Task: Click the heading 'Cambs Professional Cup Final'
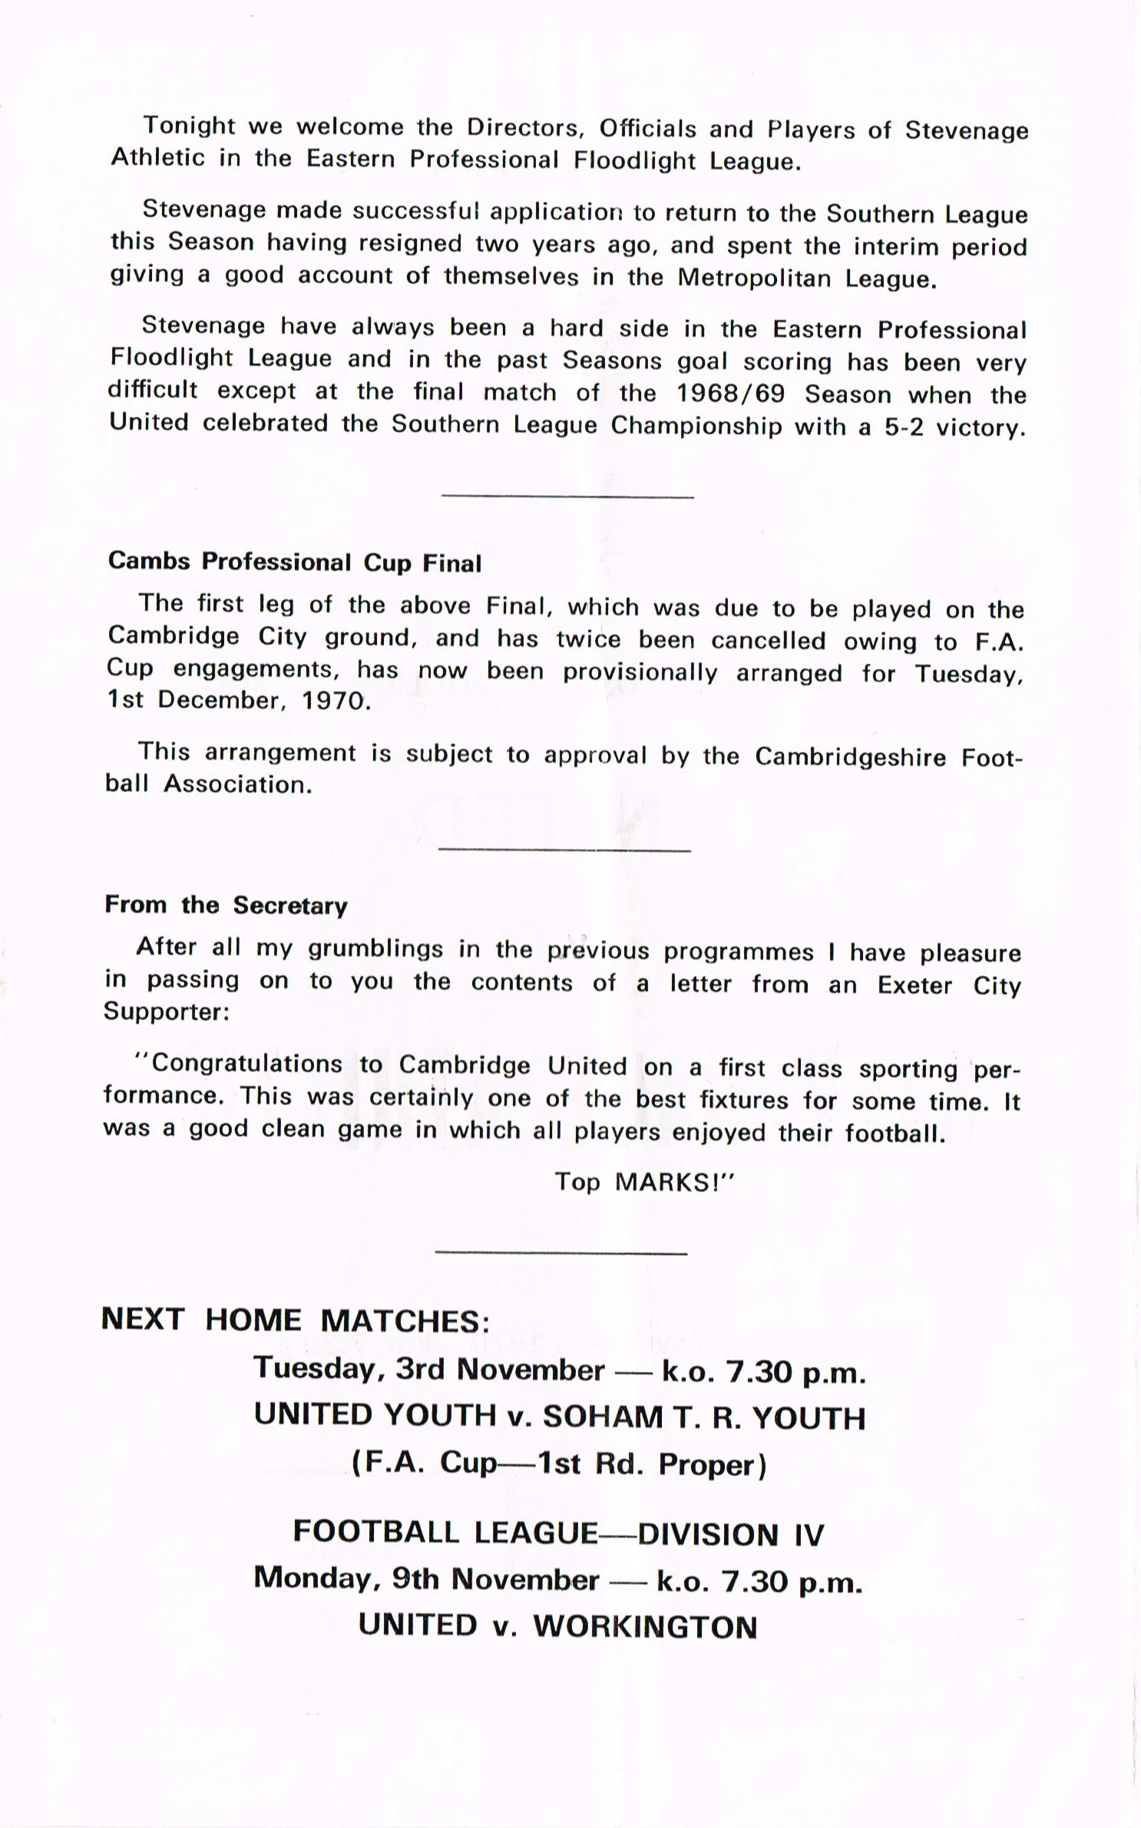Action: click(294, 562)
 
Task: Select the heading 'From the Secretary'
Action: click(226, 906)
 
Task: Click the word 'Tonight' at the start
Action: click(190, 125)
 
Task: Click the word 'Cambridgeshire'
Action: click(852, 757)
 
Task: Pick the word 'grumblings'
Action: click(375, 949)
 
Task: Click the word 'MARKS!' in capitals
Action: click(675, 1182)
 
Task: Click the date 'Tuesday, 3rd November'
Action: click(429, 1370)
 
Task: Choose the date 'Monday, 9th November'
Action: click(426, 1579)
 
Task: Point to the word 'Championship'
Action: click(696, 426)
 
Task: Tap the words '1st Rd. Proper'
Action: click(650, 1465)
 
